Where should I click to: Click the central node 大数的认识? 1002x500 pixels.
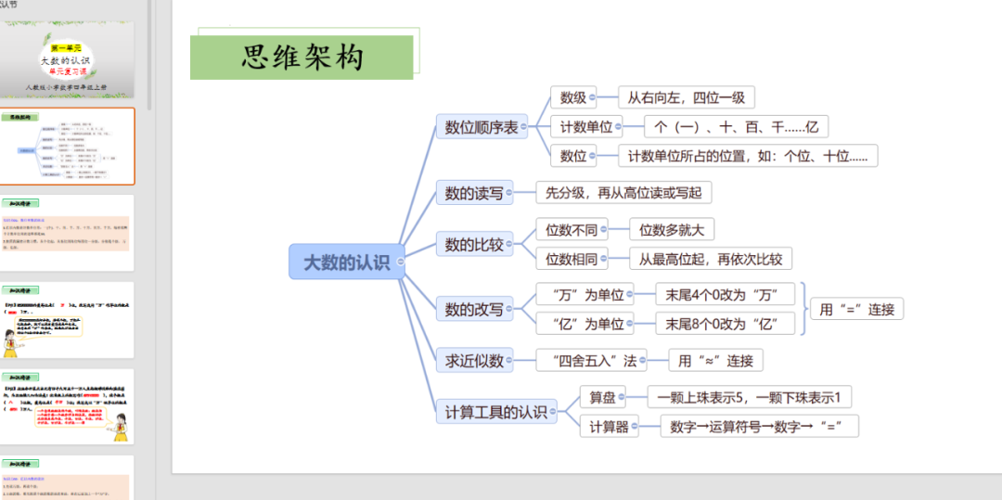click(x=341, y=263)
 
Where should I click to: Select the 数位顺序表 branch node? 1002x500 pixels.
click(x=481, y=128)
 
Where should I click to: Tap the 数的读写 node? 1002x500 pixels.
click(x=473, y=193)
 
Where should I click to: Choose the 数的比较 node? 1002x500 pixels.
click(x=473, y=245)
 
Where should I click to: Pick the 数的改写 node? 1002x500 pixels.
click(x=473, y=309)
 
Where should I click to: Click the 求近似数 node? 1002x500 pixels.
click(x=473, y=360)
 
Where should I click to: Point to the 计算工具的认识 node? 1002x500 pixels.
click(x=496, y=412)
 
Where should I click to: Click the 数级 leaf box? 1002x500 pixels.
click(x=572, y=97)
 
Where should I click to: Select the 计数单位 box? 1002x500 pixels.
click(x=585, y=127)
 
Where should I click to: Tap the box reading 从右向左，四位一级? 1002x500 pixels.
click(x=687, y=97)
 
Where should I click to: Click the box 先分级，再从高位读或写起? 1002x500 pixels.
click(x=623, y=193)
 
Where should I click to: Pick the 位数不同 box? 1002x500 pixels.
click(x=572, y=229)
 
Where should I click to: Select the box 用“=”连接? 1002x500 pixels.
click(x=856, y=310)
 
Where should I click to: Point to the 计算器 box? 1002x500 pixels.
click(x=609, y=427)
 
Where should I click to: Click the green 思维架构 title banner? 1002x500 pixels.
click(x=302, y=58)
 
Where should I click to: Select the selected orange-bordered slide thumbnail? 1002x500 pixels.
click(x=67, y=147)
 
